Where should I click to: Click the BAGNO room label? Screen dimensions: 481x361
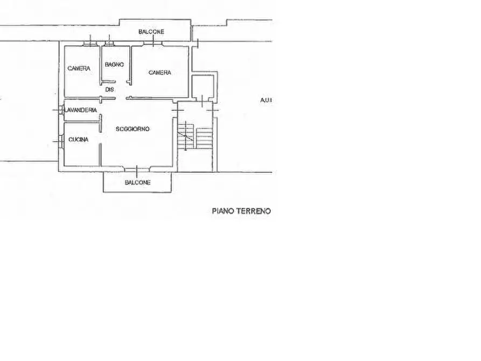coord(114,65)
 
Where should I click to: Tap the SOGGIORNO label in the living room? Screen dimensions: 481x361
coord(133,129)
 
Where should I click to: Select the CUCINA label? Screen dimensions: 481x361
coord(79,140)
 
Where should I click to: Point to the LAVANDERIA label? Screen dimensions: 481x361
coord(80,110)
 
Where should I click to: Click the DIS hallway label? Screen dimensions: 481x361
coord(109,89)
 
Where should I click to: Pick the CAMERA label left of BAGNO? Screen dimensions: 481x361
coord(79,68)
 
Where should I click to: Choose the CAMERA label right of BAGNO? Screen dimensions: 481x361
coord(160,72)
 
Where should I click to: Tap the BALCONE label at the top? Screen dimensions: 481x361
coord(151,32)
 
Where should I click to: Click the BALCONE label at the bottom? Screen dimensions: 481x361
coord(137,182)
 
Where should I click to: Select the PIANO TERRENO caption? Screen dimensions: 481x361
coord(241,211)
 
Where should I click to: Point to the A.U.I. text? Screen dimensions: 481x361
coord(266,100)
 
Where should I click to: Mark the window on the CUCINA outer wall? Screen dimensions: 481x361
coord(60,142)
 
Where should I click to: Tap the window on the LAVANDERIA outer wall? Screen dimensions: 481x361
coord(60,110)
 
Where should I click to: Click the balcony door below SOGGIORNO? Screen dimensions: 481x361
coord(137,169)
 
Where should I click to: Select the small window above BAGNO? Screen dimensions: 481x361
coord(109,43)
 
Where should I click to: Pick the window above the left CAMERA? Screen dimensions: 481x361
coord(90,43)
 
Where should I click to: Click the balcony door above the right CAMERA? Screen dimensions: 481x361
coord(153,43)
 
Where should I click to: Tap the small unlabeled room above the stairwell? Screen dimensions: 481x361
coord(203,87)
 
